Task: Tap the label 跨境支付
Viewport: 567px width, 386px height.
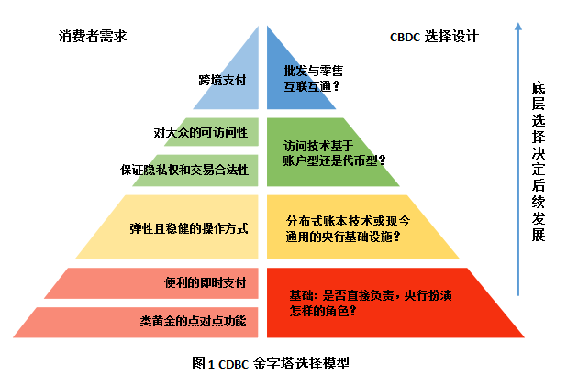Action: [x=223, y=81]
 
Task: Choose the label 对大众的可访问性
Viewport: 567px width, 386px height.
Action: [x=201, y=133]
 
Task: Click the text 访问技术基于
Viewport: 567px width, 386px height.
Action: [x=317, y=144]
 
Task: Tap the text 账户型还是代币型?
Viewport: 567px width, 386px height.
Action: [x=335, y=160]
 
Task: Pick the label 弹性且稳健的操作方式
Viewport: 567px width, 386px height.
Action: [x=189, y=226]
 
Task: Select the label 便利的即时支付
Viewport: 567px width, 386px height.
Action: [x=206, y=283]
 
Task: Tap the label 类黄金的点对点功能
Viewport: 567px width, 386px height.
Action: [x=195, y=322]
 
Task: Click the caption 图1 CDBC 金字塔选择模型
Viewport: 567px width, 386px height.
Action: [x=272, y=363]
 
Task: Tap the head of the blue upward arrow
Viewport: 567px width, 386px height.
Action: [x=518, y=28]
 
